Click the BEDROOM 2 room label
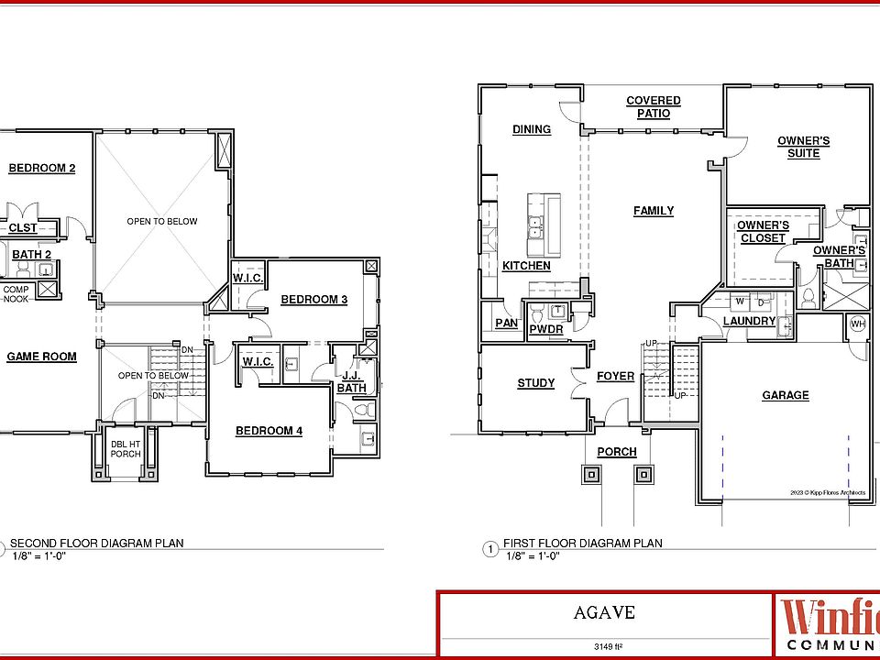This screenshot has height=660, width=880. [41, 168]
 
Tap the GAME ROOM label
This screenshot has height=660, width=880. [41, 357]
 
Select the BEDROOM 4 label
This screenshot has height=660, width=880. [269, 431]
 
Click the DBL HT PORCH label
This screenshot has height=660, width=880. [126, 448]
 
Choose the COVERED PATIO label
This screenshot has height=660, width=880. [654, 107]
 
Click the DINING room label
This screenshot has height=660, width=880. [532, 129]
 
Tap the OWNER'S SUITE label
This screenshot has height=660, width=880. [804, 147]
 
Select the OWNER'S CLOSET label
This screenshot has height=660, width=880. [763, 232]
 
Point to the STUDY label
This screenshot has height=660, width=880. [535, 383]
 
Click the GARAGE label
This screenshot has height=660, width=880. [786, 395]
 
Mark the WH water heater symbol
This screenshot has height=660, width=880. [858, 324]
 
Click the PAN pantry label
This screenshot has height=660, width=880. [506, 324]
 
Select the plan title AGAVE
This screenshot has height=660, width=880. [606, 612]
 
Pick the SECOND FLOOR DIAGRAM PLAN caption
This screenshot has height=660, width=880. [95, 543]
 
